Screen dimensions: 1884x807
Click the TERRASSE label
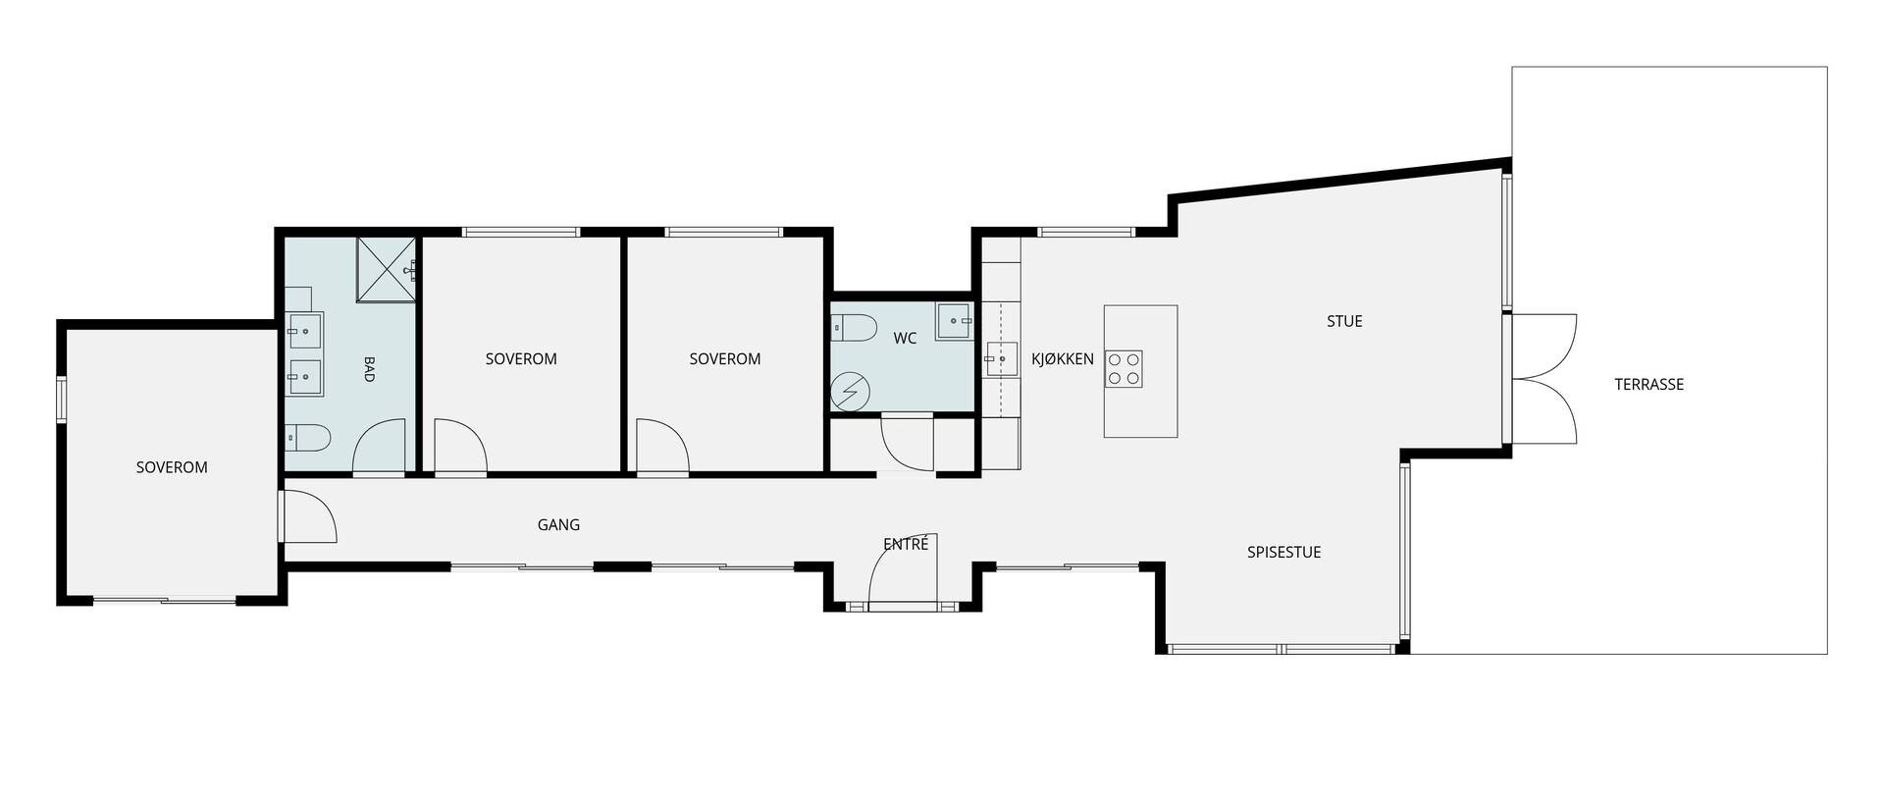pyautogui.click(x=1648, y=385)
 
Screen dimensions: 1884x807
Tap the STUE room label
pyautogui.click(x=1344, y=321)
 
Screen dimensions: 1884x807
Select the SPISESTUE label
pyautogui.click(x=1283, y=552)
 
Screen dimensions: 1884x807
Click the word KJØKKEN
pyautogui.click(x=1063, y=359)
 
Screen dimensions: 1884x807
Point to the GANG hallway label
pyautogui.click(x=558, y=525)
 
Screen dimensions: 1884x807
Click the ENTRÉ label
pyautogui.click(x=906, y=543)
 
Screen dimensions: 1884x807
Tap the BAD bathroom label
pyautogui.click(x=370, y=369)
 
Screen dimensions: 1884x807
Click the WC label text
pyautogui.click(x=905, y=339)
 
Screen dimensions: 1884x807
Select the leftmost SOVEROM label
pyautogui.click(x=172, y=467)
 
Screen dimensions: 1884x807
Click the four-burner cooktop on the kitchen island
pyautogui.click(x=1124, y=368)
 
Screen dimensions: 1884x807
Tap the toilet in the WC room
pyautogui.click(x=852, y=327)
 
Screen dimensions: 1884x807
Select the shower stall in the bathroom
pyautogui.click(x=387, y=270)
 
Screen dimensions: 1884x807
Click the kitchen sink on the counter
pyautogui.click(x=1001, y=359)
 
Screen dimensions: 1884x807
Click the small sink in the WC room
pyautogui.click(x=953, y=321)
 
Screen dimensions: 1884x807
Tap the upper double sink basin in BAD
pyautogui.click(x=304, y=331)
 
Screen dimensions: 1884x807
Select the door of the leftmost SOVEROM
pyautogui.click(x=308, y=516)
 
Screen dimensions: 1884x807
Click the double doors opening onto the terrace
pyautogui.click(x=1544, y=379)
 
